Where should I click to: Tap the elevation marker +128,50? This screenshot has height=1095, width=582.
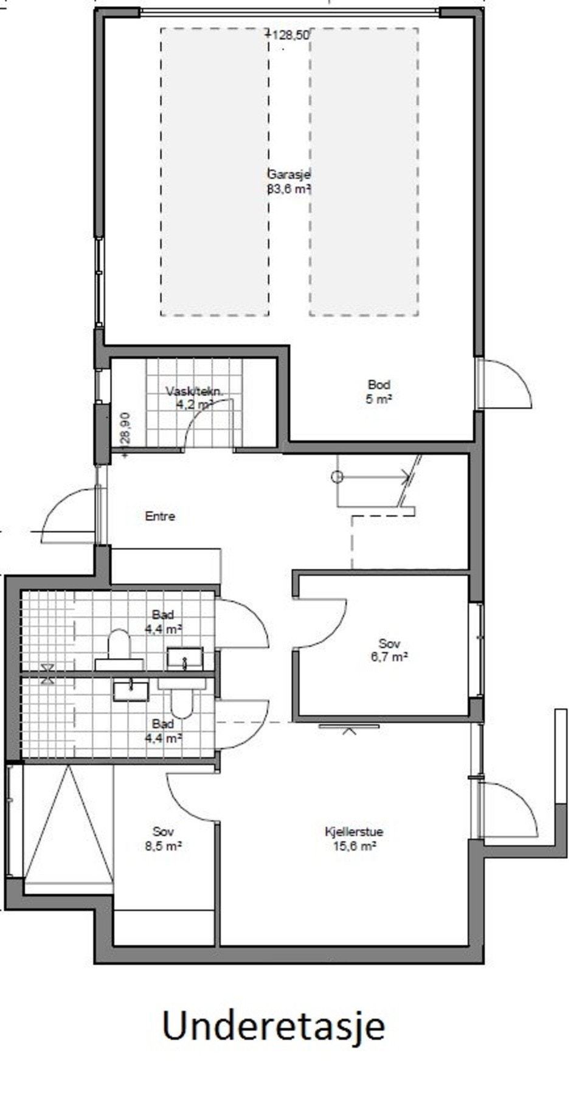coord(289,35)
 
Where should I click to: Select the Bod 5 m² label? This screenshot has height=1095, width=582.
coord(378,392)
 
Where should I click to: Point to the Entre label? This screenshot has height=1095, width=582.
coord(160,516)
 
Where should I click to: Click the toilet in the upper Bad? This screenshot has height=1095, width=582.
coord(119,645)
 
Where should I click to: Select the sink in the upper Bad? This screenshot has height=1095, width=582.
coord(185,658)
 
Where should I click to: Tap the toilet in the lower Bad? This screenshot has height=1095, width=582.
coord(181,700)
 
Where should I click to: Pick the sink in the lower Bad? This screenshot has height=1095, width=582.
coord(130,690)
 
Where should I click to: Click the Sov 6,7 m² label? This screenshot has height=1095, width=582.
coord(389,650)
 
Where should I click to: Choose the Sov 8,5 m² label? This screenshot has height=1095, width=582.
coord(167,838)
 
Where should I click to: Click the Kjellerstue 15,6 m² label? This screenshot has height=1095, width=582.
coord(354,838)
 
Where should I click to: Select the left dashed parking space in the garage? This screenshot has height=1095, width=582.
coord(215,172)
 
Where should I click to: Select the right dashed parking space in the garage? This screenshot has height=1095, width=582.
coord(364,172)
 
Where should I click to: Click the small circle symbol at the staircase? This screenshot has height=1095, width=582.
coord(338,477)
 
